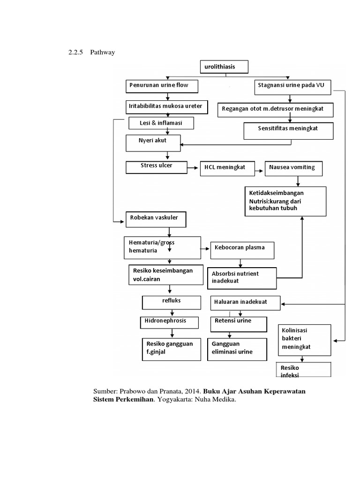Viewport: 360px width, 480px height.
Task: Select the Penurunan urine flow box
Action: [162, 86]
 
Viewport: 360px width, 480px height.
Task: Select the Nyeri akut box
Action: [153, 142]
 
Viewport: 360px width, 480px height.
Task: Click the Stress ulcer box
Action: [156, 167]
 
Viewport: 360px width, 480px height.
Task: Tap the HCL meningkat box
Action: [228, 168]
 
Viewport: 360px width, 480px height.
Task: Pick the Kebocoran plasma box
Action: [242, 250]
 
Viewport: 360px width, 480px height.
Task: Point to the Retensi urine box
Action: [237, 323]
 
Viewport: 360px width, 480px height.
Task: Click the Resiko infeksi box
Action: [304, 370]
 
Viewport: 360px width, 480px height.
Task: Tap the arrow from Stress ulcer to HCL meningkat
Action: [193, 167]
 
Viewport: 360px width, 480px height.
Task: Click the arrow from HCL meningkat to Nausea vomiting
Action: [260, 168]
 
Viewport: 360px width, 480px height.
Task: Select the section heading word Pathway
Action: [102, 52]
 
